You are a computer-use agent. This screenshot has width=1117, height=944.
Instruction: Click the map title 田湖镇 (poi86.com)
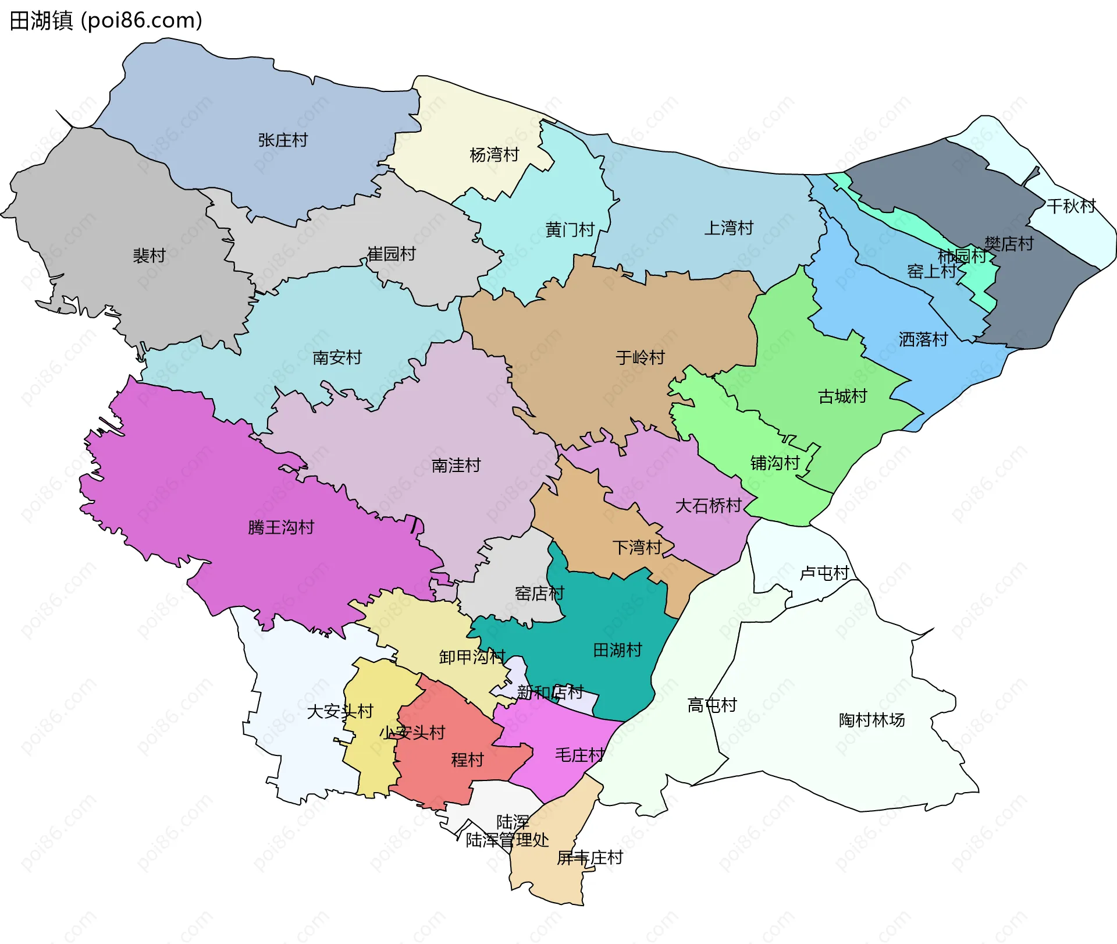[106, 21]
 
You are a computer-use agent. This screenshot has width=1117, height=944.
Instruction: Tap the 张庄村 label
[283, 140]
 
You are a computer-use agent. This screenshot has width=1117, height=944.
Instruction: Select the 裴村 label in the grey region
[150, 255]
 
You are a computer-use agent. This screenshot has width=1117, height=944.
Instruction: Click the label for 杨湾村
[494, 155]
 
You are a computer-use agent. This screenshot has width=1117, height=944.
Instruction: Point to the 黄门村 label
[570, 230]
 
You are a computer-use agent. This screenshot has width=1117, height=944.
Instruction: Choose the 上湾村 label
[728, 228]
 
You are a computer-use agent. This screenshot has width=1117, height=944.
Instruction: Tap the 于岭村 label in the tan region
[640, 357]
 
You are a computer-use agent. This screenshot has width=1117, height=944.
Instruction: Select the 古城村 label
[842, 396]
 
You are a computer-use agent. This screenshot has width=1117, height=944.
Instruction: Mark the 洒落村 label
[923, 339]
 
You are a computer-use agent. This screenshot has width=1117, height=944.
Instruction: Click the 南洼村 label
[456, 466]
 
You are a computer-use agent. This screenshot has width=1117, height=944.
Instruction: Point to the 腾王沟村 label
[281, 527]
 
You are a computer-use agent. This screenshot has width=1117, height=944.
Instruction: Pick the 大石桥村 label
[708, 505]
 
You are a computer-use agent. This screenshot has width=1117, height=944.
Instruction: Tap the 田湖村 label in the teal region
[617, 650]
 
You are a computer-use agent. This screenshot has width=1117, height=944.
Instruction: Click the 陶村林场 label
[871, 720]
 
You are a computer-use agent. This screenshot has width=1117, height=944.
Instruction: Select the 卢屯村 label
[824, 573]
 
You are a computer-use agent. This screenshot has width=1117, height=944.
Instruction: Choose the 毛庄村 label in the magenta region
[579, 755]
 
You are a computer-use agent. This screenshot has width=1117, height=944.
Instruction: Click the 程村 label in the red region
[467, 760]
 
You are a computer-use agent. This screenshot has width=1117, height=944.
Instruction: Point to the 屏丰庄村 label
[589, 857]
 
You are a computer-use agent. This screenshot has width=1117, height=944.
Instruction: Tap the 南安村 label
[337, 357]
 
